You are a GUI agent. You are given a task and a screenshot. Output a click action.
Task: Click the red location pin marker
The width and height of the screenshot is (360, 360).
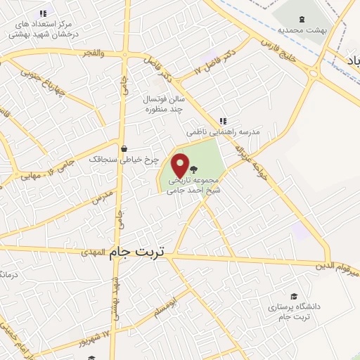[181, 166]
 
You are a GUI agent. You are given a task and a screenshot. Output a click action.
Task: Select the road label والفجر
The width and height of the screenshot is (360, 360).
[92, 53]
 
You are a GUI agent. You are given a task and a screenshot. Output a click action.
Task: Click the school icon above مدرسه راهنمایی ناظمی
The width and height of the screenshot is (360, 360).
[223, 120]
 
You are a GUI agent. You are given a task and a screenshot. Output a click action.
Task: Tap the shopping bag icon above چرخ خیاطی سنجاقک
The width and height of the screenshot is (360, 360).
[124, 148]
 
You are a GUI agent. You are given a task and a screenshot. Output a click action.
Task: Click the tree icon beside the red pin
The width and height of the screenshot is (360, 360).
[194, 169]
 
